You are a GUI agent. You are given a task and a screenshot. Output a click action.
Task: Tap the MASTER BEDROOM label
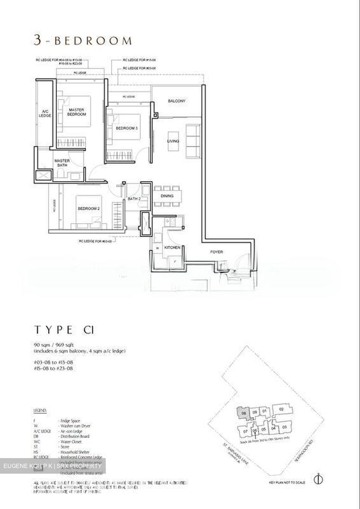pos(77,112)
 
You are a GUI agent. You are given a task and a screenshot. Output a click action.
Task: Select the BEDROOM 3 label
pos(127,128)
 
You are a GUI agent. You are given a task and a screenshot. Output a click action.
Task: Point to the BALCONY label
pos(176,101)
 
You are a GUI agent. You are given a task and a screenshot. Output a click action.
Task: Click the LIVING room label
pos(173,141)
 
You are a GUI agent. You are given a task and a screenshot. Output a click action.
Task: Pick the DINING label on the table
pos(167,196)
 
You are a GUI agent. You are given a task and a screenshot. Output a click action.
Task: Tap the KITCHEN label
pos(172,248)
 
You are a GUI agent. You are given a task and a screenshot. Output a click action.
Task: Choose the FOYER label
pos(216,252)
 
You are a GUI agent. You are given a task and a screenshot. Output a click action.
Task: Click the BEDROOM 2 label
pos(88,209)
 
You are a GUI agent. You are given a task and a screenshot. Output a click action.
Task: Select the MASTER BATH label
pos(62,163)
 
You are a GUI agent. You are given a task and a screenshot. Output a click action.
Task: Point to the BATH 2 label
pos(134,199)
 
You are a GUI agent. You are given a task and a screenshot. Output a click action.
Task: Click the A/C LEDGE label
pos(45,113)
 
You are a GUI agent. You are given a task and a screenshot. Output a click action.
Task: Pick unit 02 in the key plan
pos(281,409)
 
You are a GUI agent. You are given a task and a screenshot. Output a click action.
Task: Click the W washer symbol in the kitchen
pos(157,248)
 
